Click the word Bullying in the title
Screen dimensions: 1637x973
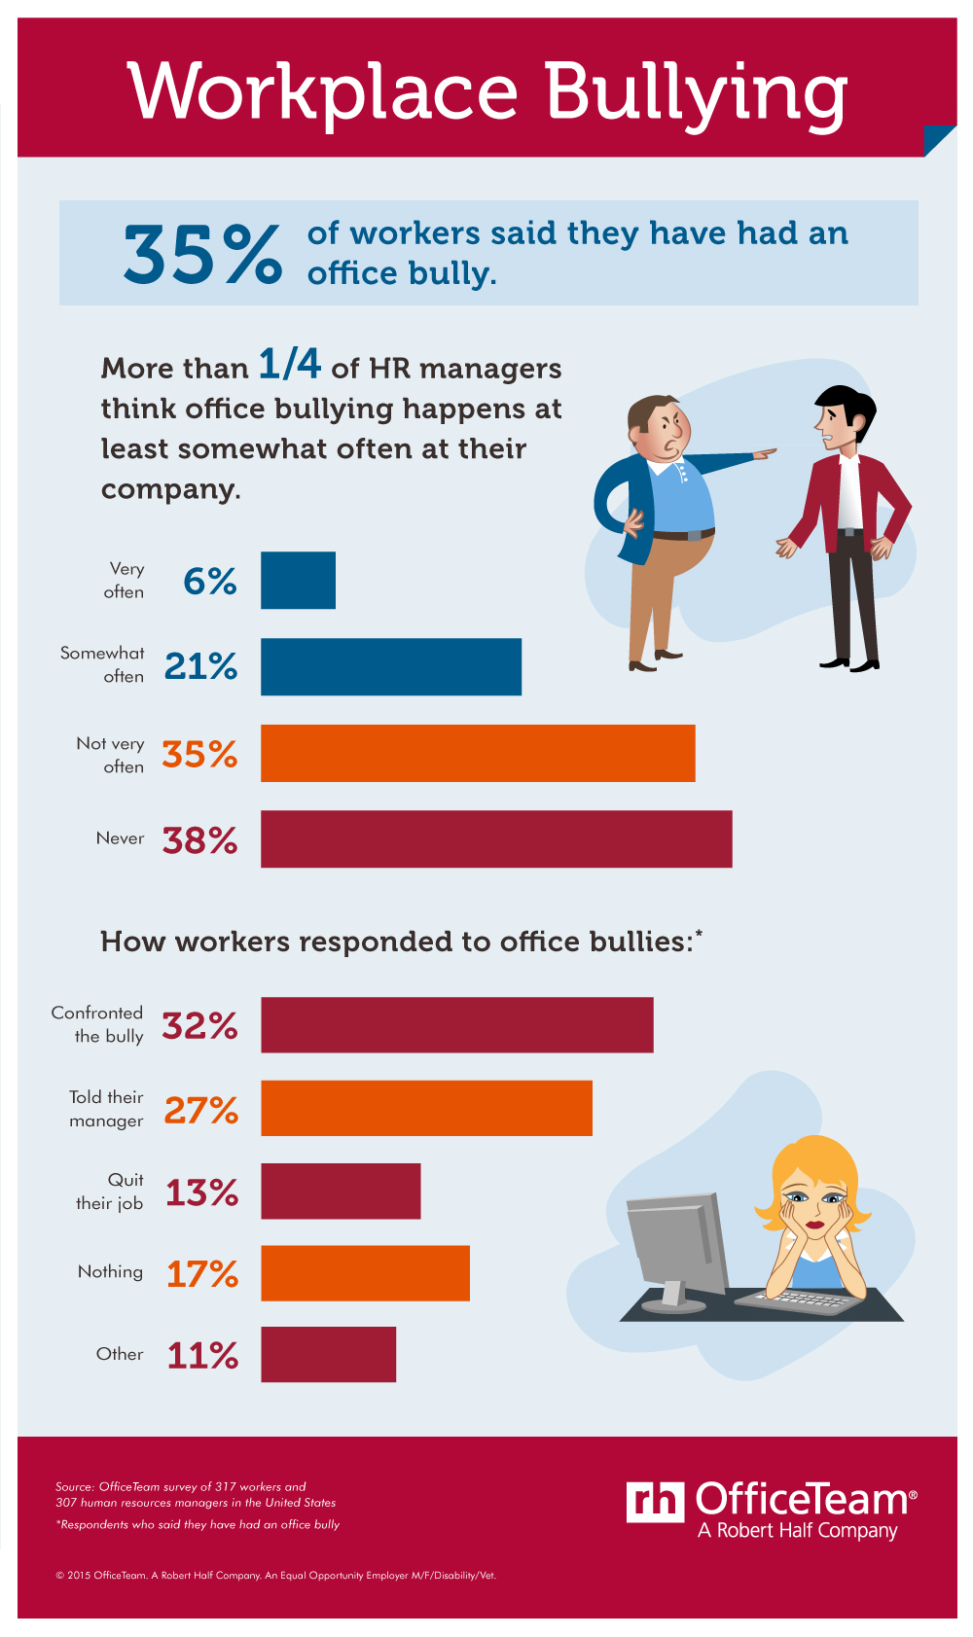coord(695,93)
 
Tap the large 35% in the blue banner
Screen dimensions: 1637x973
coord(202,255)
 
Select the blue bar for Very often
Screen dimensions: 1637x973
coord(298,581)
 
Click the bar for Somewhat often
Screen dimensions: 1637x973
coord(391,666)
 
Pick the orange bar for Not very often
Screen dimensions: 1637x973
coord(478,753)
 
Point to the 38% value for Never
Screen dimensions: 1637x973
coord(199,840)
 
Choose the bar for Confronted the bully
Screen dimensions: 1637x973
coord(457,1024)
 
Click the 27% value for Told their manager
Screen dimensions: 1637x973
coord(200,1110)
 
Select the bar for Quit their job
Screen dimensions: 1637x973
coord(341,1191)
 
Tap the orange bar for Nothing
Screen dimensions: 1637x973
coord(365,1272)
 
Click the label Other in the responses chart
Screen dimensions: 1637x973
coord(120,1354)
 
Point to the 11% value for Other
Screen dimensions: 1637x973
coord(202,1355)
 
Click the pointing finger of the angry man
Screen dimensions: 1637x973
coord(769,452)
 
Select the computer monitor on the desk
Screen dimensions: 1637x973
coord(675,1245)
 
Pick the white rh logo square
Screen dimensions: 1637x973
coord(655,1503)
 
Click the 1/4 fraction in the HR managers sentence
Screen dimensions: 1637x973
coord(289,364)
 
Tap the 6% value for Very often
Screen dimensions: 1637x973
coord(210,582)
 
